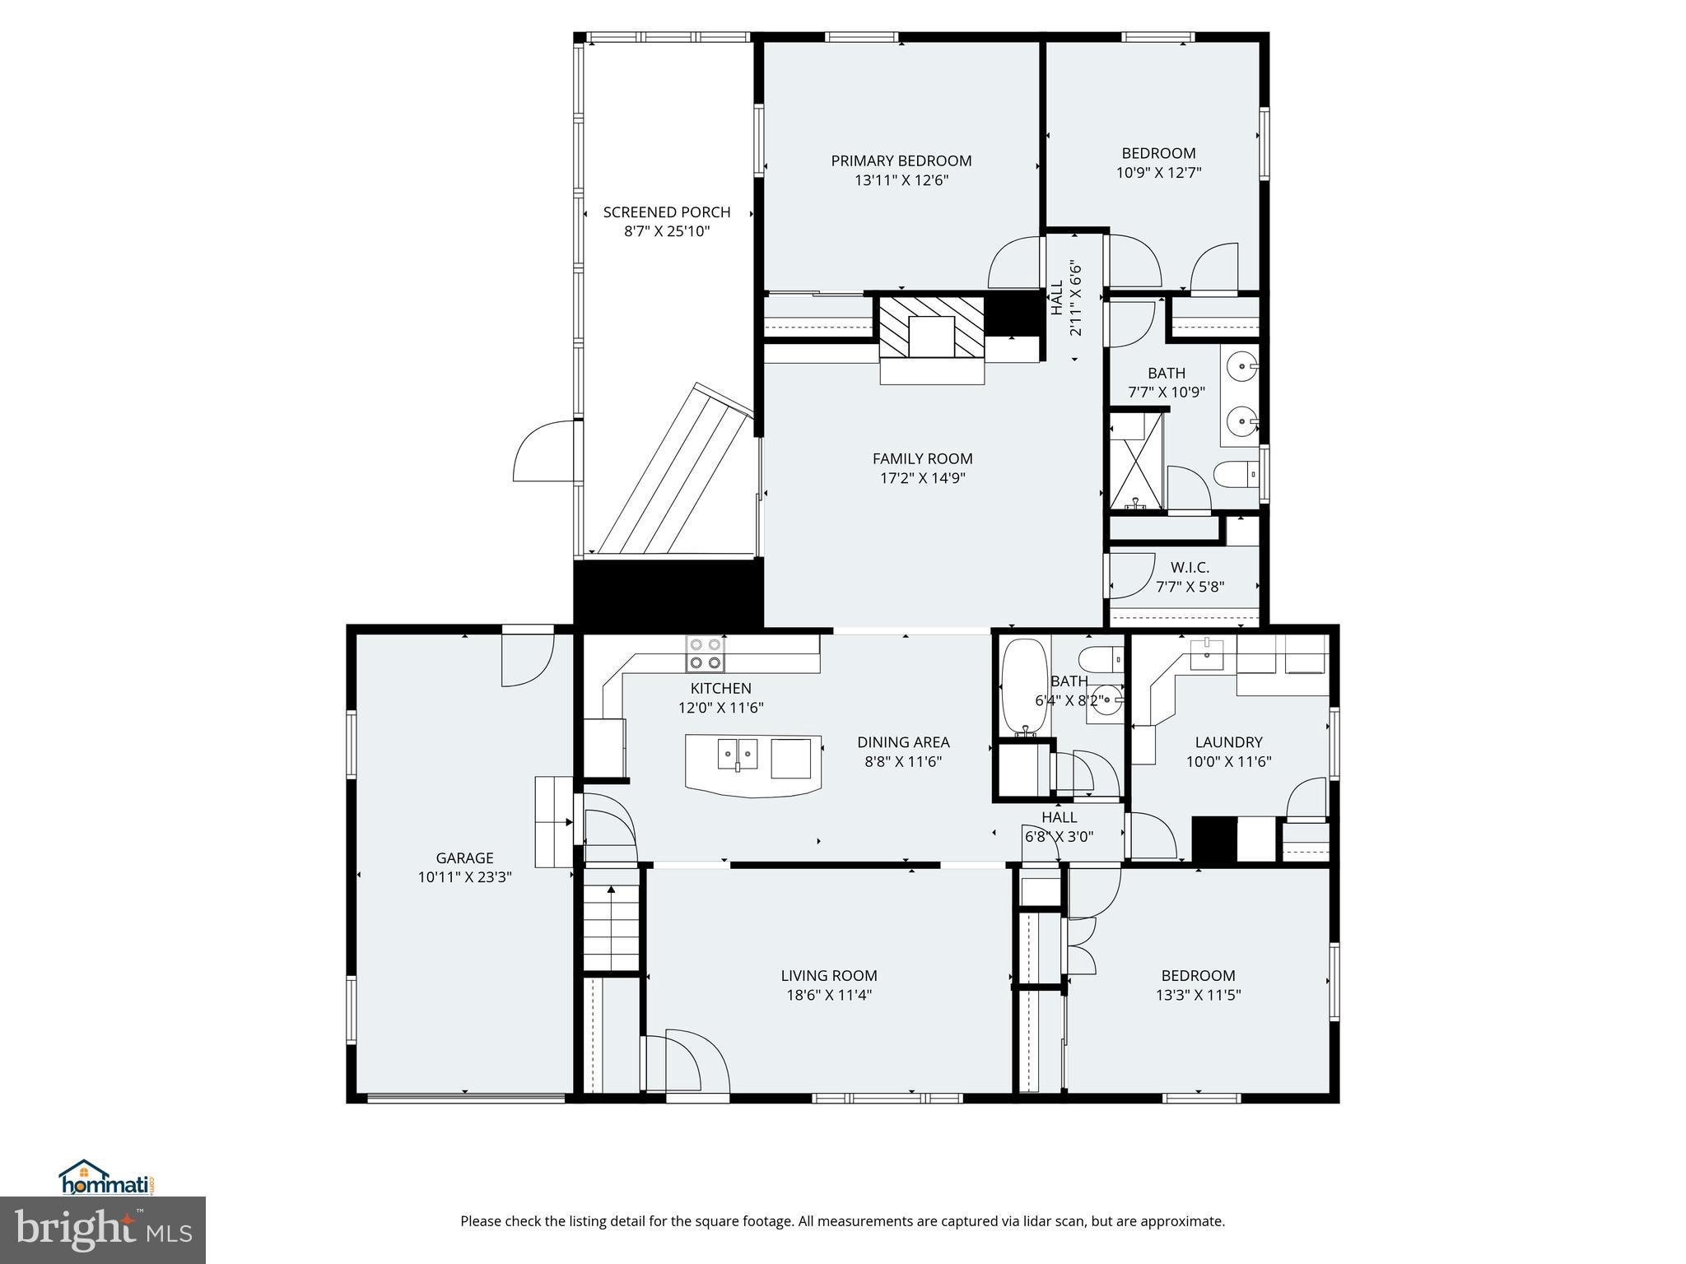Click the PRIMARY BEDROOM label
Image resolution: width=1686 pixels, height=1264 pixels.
click(x=901, y=160)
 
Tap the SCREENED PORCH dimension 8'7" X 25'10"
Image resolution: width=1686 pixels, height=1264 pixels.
click(x=667, y=232)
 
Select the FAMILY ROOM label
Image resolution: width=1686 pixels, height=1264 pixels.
click(x=922, y=458)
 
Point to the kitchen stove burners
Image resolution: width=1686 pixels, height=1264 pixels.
click(x=706, y=654)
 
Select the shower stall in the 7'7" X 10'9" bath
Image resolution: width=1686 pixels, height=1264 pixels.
click(x=1135, y=461)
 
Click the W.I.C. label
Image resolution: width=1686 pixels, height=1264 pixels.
click(x=1190, y=567)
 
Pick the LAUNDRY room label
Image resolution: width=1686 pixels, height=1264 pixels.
click(x=1228, y=742)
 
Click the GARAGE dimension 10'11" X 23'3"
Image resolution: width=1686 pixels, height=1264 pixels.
click(x=464, y=878)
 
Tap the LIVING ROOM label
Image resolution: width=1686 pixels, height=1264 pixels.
click(x=828, y=975)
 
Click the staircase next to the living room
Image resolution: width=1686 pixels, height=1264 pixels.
click(x=611, y=930)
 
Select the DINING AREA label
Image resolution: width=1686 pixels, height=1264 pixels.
click(x=903, y=742)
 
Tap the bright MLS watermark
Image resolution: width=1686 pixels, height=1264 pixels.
click(x=102, y=1229)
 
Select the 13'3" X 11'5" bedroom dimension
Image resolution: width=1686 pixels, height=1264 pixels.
click(x=1198, y=995)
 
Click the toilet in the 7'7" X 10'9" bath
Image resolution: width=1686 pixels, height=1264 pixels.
click(x=1235, y=474)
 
